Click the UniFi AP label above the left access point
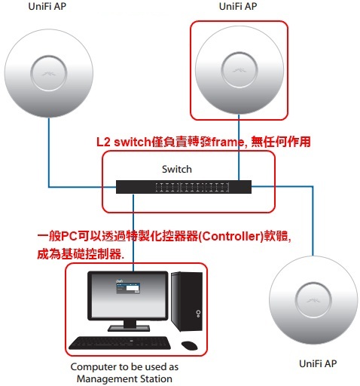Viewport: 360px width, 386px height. [47, 7]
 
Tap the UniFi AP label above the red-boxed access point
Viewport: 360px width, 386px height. [238, 7]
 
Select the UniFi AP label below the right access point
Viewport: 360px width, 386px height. [318, 363]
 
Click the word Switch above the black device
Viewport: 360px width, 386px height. [177, 169]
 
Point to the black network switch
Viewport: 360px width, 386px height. [184, 187]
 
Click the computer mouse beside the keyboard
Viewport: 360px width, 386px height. [189, 345]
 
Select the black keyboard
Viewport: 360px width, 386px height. [120, 343]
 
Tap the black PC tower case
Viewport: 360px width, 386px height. [187, 302]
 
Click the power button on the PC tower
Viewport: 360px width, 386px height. [198, 312]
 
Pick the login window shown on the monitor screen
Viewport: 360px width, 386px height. [128, 288]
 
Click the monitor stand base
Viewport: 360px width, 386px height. [129, 328]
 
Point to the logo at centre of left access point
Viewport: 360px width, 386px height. [49, 74]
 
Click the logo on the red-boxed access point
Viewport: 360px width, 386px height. [239, 70]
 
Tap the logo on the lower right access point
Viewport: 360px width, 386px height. [313, 300]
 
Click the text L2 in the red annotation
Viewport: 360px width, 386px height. [103, 142]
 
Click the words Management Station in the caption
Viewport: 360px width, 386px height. [124, 378]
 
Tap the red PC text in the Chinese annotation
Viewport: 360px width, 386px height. [69, 236]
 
